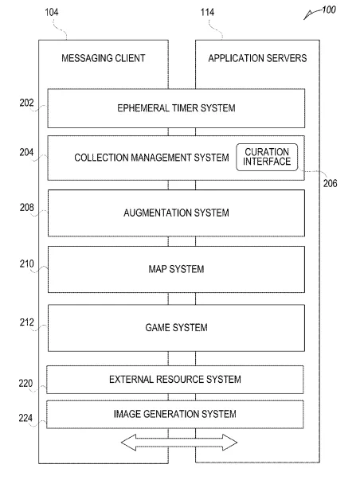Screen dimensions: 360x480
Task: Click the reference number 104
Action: click(52, 12)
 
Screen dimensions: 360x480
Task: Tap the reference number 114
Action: click(207, 12)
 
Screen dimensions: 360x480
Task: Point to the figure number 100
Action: click(329, 10)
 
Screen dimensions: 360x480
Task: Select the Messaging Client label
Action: click(104, 58)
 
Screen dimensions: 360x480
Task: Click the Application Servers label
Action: click(257, 58)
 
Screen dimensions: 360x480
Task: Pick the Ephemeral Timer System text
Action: click(176, 108)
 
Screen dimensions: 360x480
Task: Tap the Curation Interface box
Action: click(267, 157)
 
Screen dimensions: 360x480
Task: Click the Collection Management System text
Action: click(151, 158)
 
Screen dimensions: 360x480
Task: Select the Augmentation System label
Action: click(176, 213)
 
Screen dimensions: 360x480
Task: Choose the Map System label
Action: click(176, 269)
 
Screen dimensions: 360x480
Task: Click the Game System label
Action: click(176, 327)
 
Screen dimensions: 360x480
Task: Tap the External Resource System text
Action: click(175, 380)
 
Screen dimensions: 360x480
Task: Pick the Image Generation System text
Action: click(175, 414)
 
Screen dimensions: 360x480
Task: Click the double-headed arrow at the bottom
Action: click(179, 443)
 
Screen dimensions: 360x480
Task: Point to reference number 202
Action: click(26, 103)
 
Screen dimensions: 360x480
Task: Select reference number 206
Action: click(330, 183)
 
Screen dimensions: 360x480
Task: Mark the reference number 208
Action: click(26, 208)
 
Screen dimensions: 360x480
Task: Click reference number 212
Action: click(26, 322)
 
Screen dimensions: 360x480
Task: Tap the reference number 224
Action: click(25, 418)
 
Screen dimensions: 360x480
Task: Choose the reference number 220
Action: click(25, 383)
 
